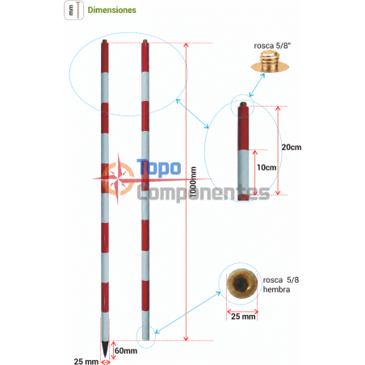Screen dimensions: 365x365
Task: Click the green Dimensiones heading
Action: [111, 10]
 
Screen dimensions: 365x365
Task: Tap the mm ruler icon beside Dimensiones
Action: [73, 10]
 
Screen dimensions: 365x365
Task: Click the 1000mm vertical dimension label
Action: [193, 182]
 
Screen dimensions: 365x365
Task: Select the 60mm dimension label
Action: [126, 350]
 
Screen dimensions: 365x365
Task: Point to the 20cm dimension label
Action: [292, 147]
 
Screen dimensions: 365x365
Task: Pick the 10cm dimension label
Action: [266, 167]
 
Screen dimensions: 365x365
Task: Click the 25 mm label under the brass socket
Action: [243, 317]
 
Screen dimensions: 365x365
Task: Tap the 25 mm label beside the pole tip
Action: [86, 361]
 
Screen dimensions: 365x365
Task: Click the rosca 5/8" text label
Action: [272, 46]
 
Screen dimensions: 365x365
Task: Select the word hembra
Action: [276, 290]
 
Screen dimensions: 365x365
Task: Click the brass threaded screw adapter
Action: [270, 61]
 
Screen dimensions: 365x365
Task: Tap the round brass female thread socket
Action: [241, 283]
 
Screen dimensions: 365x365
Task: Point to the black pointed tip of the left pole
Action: [105, 349]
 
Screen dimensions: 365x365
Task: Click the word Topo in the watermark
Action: [159, 168]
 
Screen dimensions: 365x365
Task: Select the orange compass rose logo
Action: [118, 178]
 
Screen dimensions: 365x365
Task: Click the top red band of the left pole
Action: [105, 57]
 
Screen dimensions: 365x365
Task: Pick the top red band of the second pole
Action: [145, 57]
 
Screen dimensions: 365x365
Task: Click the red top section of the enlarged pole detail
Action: [243, 128]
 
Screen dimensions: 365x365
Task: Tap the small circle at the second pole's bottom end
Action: [145, 337]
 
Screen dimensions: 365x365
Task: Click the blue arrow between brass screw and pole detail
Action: [257, 85]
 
